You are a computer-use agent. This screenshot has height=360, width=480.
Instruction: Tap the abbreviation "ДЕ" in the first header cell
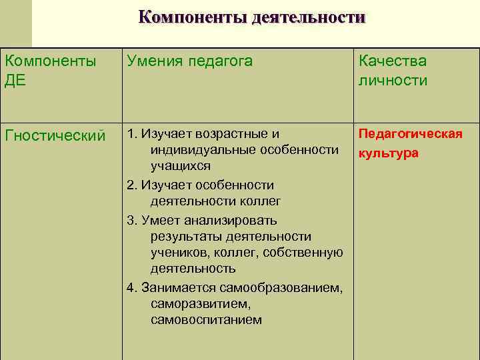(x=15, y=81)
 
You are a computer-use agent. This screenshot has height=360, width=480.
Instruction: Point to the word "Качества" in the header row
(x=392, y=61)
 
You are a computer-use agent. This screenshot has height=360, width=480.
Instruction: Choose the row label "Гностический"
(x=55, y=135)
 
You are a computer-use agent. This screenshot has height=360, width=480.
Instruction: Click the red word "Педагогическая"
(x=411, y=134)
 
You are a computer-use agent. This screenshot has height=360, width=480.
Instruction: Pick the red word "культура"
(x=389, y=153)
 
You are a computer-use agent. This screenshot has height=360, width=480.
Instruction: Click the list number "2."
(x=131, y=185)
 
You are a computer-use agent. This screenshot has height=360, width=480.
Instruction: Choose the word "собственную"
(x=303, y=253)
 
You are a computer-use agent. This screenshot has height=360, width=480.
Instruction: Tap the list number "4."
(x=131, y=288)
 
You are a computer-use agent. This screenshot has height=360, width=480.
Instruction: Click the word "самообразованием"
(x=291, y=288)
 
